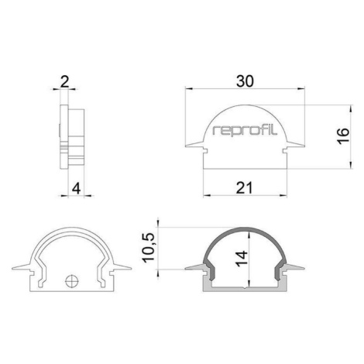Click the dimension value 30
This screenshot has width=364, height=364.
click(245, 81)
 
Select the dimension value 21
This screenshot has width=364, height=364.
click(244, 187)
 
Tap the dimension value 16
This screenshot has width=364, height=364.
click(343, 136)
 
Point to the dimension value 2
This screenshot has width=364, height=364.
click(65, 82)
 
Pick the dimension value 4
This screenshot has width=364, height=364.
click(76, 188)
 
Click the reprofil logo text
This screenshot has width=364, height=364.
click(245, 131)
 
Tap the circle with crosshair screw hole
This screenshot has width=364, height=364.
click(72, 281)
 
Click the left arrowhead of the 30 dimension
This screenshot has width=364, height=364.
click(189, 89)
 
